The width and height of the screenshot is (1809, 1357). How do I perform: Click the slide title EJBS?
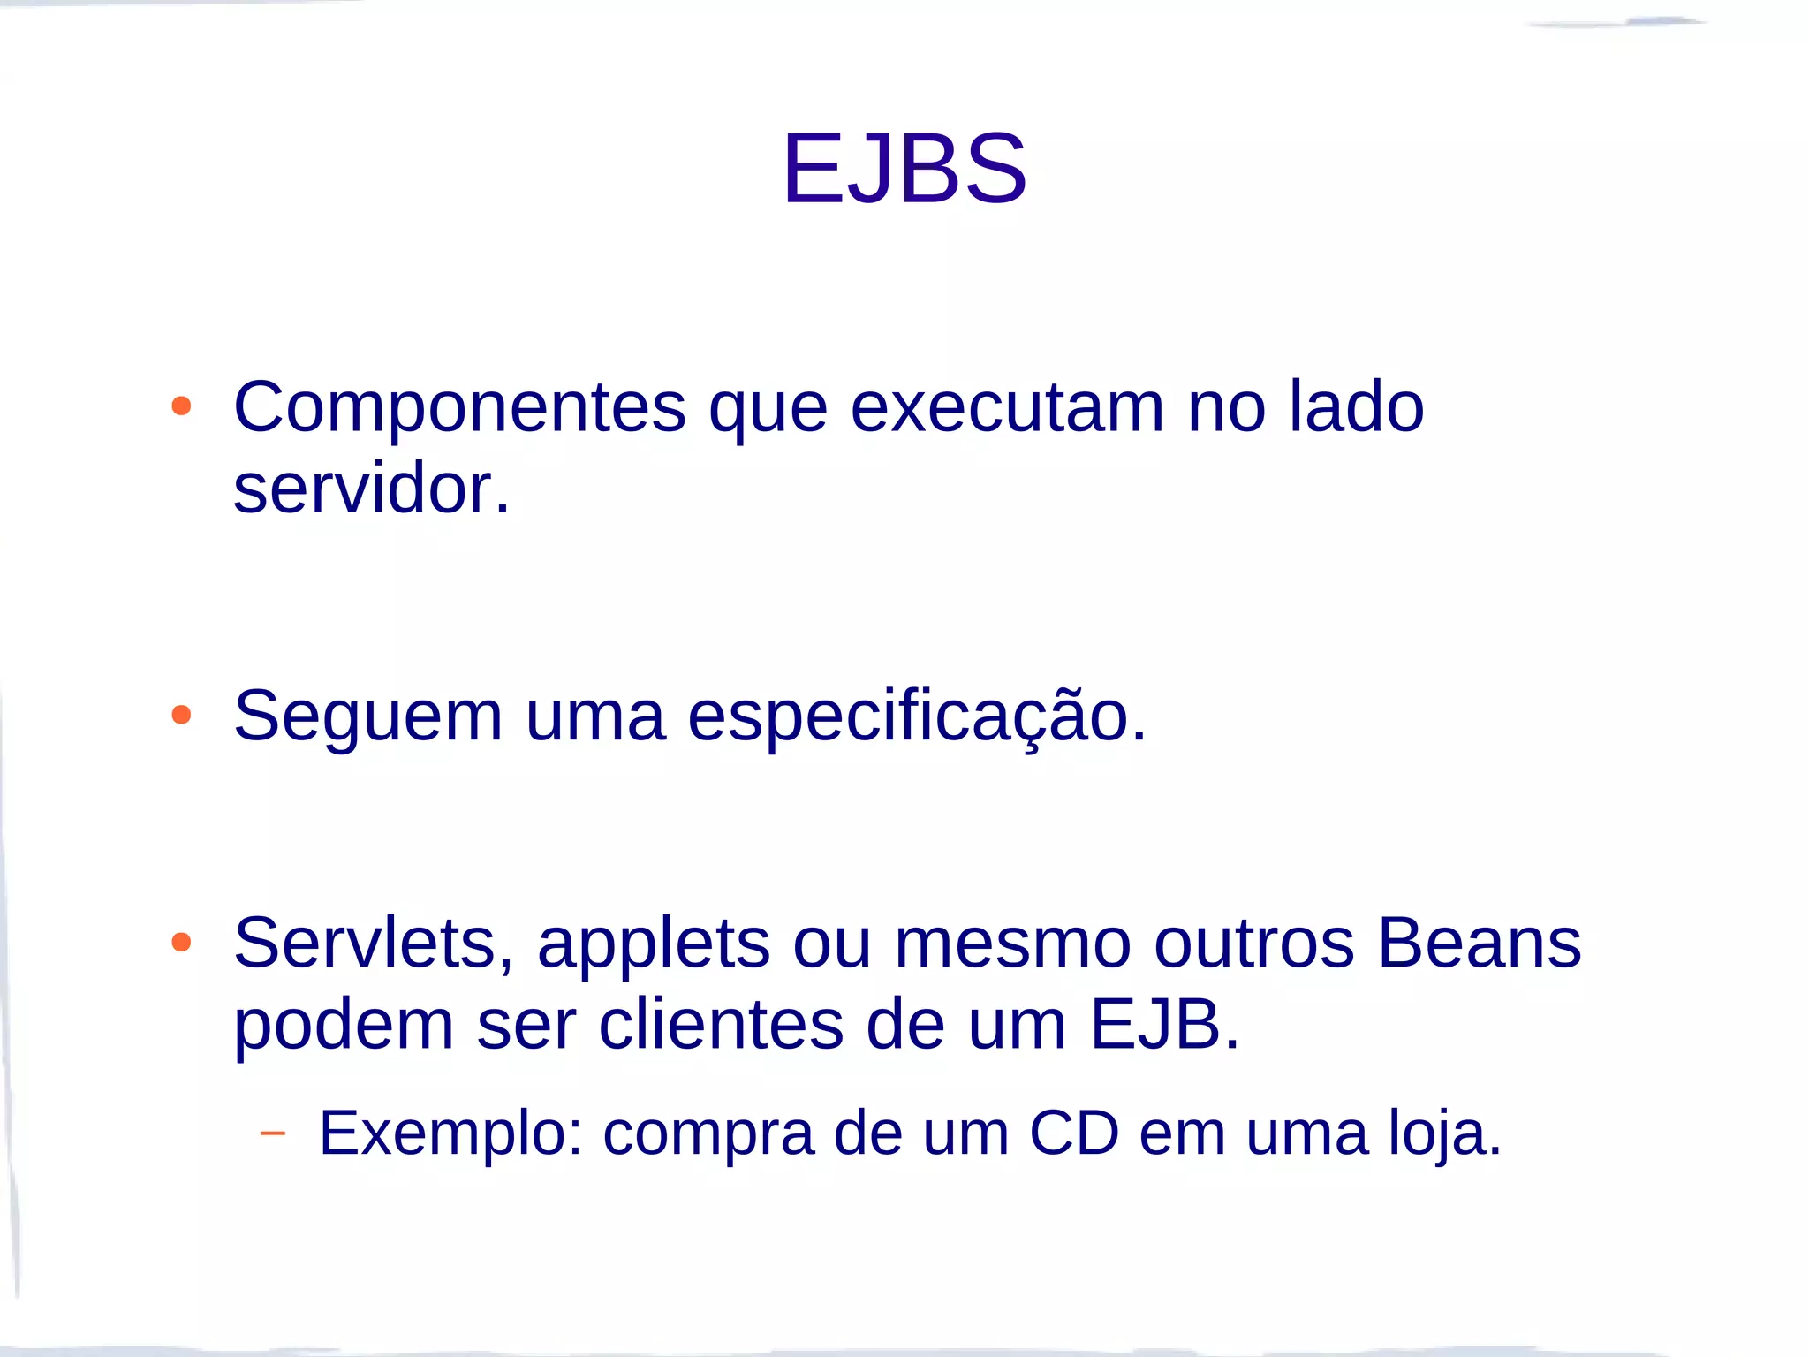(904, 169)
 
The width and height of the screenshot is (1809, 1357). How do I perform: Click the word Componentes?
(459, 408)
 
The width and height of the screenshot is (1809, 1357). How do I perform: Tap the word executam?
(1006, 408)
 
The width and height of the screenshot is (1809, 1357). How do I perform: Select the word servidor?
(371, 489)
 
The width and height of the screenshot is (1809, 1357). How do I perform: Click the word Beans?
(1479, 944)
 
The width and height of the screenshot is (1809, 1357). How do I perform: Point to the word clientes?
(721, 1025)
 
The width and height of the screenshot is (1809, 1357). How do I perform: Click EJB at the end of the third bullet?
(1164, 1025)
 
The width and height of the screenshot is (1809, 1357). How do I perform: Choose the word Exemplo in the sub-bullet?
(450, 1133)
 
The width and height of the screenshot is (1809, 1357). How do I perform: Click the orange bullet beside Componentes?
(181, 406)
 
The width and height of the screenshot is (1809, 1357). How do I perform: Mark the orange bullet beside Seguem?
(181, 715)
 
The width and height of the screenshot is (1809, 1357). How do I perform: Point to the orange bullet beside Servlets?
(181, 942)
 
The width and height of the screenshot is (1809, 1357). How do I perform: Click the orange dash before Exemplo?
(273, 1133)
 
